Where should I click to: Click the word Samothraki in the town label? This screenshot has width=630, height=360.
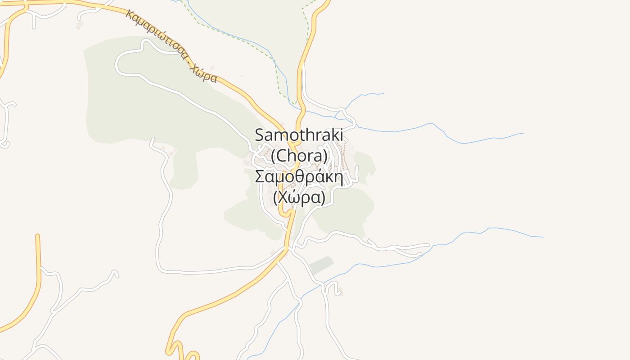[299, 135]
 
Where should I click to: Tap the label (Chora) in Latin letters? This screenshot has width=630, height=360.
[299, 156]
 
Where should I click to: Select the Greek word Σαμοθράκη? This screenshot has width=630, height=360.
[299, 177]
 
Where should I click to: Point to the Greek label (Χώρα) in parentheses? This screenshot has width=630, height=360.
[299, 198]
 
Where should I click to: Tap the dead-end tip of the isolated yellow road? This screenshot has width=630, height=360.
[38, 235]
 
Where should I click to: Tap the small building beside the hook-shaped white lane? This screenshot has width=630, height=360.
[340, 292]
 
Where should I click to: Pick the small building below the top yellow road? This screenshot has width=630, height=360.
[79, 26]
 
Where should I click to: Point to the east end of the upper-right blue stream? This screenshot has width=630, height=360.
[523, 133]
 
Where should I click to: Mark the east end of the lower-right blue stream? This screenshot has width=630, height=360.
[543, 237]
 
